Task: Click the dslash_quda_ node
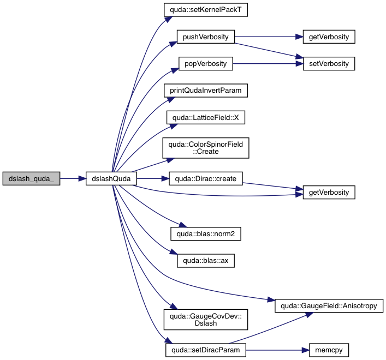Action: (31, 178)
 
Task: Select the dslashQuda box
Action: (111, 178)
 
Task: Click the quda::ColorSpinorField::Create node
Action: (206, 148)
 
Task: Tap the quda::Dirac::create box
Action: (206, 178)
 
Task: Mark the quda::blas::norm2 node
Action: (206, 234)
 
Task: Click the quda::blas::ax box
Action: (206, 261)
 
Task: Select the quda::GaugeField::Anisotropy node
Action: (329, 305)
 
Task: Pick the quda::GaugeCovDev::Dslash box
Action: (206, 319)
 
